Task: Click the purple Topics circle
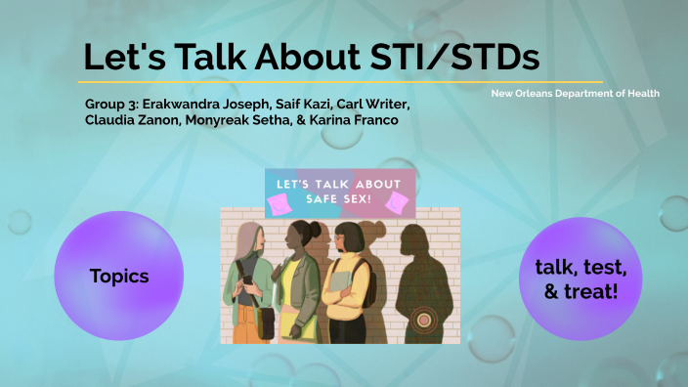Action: (118, 277)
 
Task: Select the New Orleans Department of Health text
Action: (575, 93)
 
